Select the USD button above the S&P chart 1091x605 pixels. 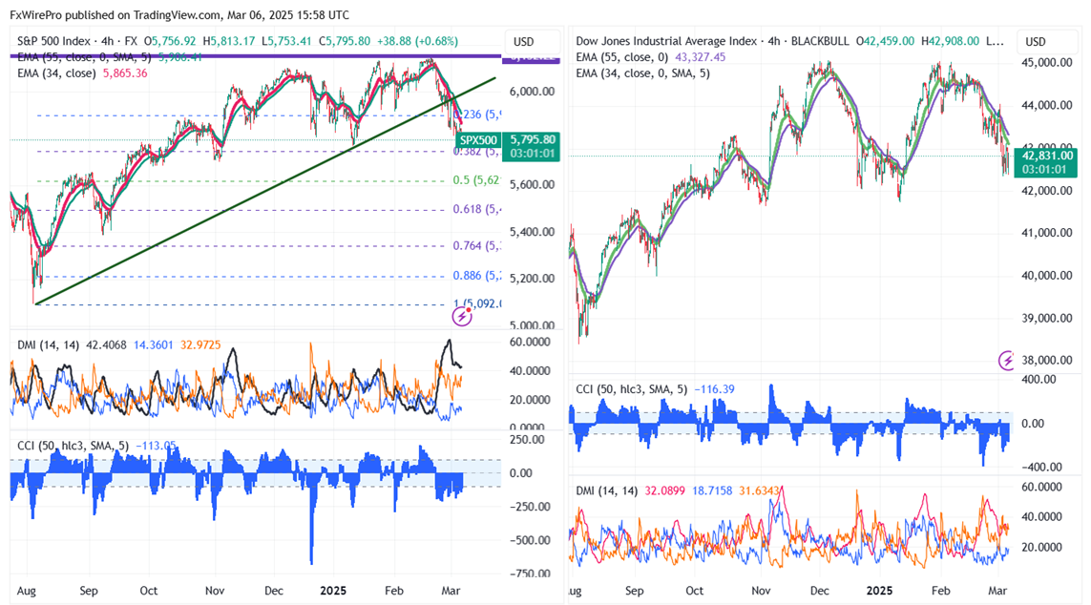(524, 42)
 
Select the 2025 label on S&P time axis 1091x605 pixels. (333, 591)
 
